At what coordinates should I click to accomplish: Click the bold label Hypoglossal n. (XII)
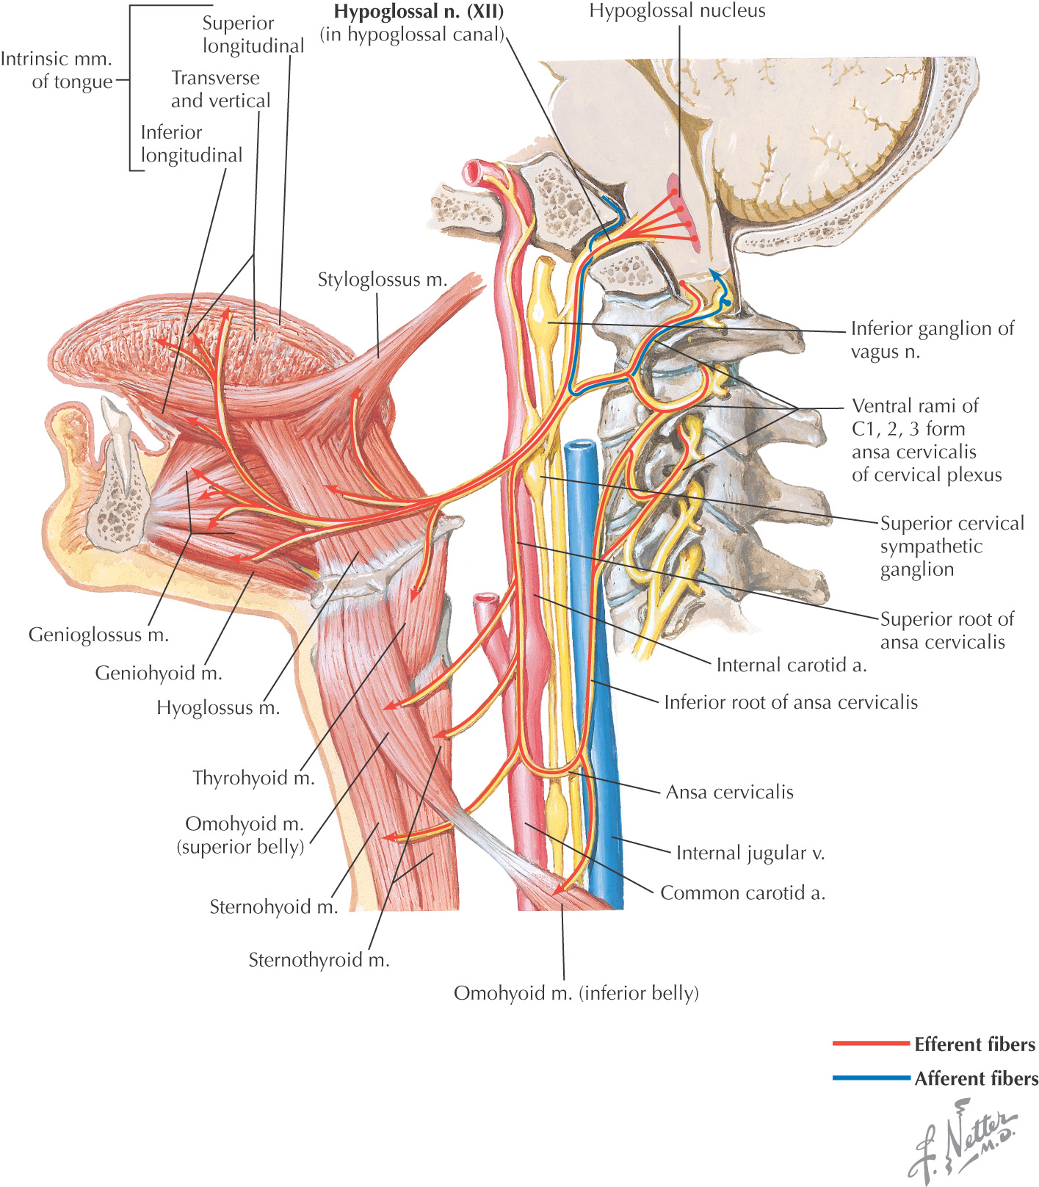pos(419,12)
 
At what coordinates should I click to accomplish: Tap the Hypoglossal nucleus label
pos(677,11)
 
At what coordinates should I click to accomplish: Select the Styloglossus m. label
pos(382,280)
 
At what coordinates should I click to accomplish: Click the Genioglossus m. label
pos(98,635)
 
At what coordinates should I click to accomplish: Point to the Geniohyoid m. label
pos(159,673)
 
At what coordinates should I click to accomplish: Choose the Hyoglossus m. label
pos(218,708)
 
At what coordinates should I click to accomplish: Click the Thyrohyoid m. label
pos(253,778)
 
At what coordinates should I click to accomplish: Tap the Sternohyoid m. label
pos(274,907)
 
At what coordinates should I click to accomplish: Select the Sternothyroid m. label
pos(319,960)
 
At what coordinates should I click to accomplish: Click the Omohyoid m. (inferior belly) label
pos(576,994)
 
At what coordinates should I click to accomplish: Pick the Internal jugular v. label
pos(750,854)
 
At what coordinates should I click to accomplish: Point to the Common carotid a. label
pos(743,893)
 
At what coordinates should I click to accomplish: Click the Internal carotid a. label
pos(792,665)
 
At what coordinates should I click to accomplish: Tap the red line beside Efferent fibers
pos(870,1043)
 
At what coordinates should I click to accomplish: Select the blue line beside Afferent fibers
pos(870,1078)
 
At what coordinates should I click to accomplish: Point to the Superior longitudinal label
pos(253,35)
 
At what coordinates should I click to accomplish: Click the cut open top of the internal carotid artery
pos(476,171)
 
